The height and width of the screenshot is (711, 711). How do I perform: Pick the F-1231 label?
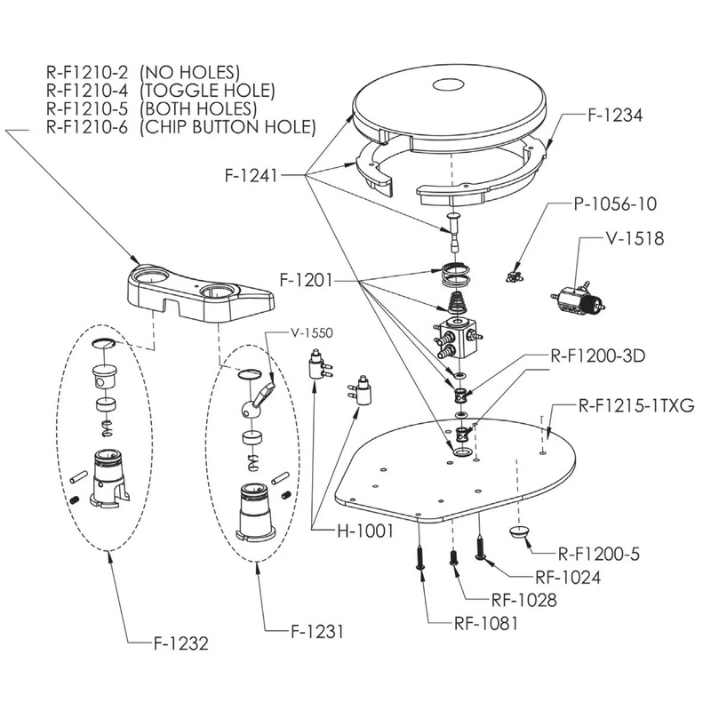pos(317,633)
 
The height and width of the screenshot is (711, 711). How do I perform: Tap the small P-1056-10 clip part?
pos(512,276)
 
